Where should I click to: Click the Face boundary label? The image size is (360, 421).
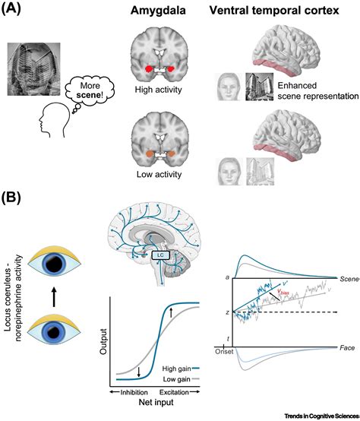(346, 347)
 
